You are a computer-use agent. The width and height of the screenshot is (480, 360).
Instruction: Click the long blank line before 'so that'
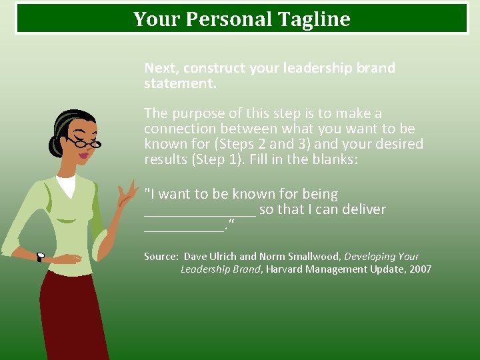pyautogui.click(x=200, y=214)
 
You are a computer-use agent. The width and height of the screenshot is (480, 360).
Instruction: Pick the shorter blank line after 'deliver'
pyautogui.click(x=184, y=229)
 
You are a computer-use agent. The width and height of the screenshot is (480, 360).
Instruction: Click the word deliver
pyautogui.click(x=361, y=209)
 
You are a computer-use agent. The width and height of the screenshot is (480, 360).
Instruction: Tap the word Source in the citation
pyautogui.click(x=161, y=257)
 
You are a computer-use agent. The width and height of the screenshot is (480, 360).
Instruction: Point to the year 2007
pyautogui.click(x=419, y=269)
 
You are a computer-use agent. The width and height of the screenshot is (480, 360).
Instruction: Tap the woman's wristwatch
pyautogui.click(x=40, y=257)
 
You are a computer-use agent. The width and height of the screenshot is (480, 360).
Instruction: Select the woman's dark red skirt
pyautogui.click(x=73, y=313)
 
